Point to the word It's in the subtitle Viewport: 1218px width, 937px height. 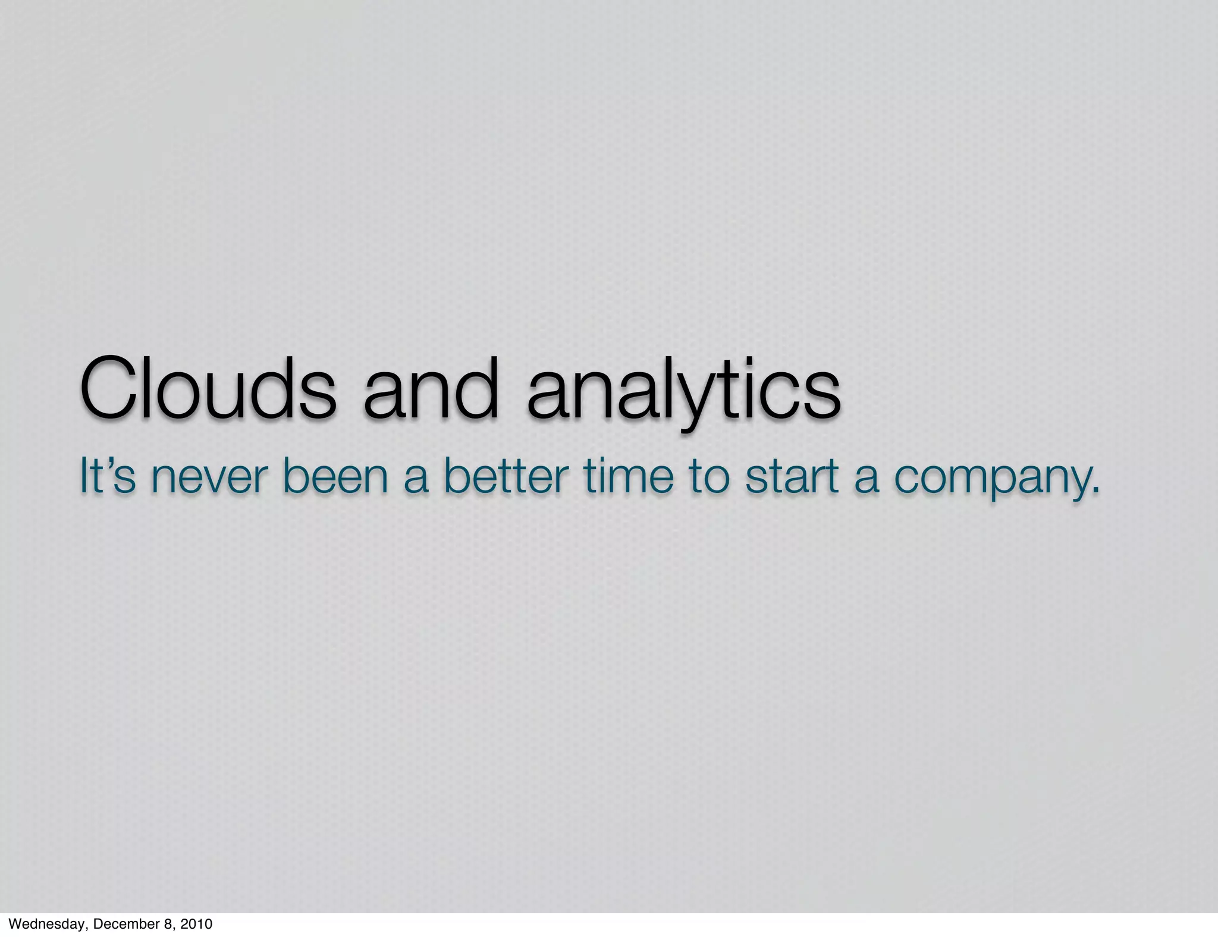[x=107, y=476]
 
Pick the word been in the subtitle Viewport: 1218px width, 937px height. [x=337, y=476]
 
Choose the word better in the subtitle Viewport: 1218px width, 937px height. [x=506, y=476]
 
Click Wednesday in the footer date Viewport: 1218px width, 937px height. [x=47, y=924]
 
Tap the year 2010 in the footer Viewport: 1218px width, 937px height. [x=196, y=924]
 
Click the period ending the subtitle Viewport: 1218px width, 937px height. [x=1095, y=491]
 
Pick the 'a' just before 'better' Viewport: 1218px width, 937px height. [x=416, y=479]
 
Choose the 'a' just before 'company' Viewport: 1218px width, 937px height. [x=867, y=479]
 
